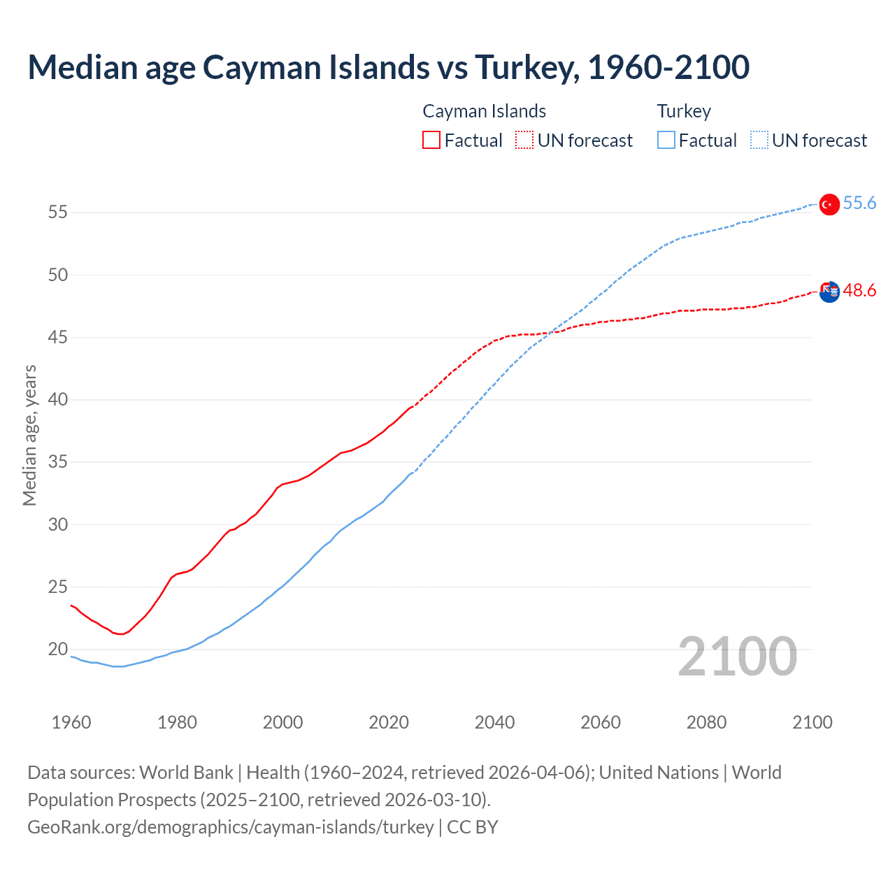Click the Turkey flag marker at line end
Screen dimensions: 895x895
point(829,204)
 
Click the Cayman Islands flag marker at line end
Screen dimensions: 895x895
point(829,292)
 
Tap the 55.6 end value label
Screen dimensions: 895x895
point(859,203)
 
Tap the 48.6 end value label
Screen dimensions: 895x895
point(859,291)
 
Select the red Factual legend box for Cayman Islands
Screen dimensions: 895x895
point(431,141)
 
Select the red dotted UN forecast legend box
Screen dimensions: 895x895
point(524,141)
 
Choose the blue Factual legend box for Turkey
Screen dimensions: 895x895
point(666,141)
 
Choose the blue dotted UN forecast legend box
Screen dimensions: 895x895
point(759,141)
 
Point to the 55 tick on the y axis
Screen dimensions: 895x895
point(58,213)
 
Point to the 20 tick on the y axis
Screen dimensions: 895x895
point(58,650)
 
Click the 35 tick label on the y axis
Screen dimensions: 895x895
point(58,462)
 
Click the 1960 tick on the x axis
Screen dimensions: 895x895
point(71,722)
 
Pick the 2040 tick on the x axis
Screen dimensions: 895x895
point(494,722)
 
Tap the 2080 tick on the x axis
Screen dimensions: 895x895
point(706,722)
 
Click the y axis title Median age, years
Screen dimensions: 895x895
point(29,435)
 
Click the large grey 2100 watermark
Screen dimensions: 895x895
point(737,657)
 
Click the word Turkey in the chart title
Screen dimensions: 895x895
point(526,67)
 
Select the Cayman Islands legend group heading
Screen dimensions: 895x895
point(484,111)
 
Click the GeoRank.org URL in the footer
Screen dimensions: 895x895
point(231,827)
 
